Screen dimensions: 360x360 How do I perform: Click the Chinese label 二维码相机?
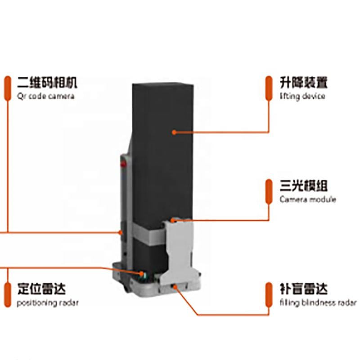click(x=47, y=83)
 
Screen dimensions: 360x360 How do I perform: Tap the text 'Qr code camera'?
click(x=45, y=96)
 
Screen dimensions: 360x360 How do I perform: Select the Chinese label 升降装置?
click(x=303, y=83)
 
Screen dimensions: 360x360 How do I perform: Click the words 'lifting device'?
click(x=302, y=96)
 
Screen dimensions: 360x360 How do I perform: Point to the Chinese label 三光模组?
click(x=303, y=186)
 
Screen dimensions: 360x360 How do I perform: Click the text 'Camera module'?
click(x=307, y=199)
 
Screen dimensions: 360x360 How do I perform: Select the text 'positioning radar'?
click(x=48, y=302)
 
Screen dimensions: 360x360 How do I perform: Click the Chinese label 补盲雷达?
click(x=303, y=288)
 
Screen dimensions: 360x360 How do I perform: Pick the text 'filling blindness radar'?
click(x=318, y=302)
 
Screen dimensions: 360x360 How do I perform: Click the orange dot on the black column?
click(x=174, y=132)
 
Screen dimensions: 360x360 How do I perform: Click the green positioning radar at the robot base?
click(x=143, y=274)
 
